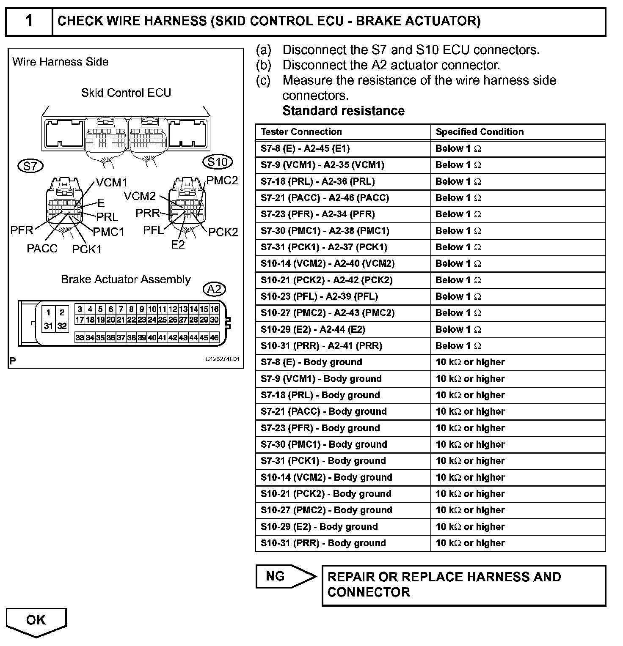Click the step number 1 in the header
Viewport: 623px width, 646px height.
coord(29,21)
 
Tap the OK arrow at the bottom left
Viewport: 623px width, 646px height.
coord(36,621)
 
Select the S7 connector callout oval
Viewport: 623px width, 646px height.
coord(30,166)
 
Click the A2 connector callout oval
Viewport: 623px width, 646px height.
coord(215,289)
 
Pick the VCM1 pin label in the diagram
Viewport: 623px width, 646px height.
coord(111,183)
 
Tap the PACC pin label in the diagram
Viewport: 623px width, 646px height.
coord(42,249)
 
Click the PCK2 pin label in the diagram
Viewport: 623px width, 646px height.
coord(223,232)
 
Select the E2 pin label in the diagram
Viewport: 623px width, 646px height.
coord(178,245)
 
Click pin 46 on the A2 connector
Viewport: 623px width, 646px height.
coord(214,338)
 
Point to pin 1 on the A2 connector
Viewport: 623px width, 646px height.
coord(49,313)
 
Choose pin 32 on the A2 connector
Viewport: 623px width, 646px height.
coord(62,326)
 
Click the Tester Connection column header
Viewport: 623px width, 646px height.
coord(301,132)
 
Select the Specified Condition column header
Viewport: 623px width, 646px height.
coord(480,132)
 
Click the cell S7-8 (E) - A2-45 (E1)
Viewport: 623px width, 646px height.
coord(305,148)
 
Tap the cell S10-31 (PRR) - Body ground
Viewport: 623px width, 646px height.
coord(323,543)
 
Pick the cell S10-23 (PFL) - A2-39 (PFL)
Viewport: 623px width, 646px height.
coord(319,296)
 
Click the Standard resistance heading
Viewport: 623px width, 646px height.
coord(343,111)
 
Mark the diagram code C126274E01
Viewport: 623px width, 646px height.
coord(223,359)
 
